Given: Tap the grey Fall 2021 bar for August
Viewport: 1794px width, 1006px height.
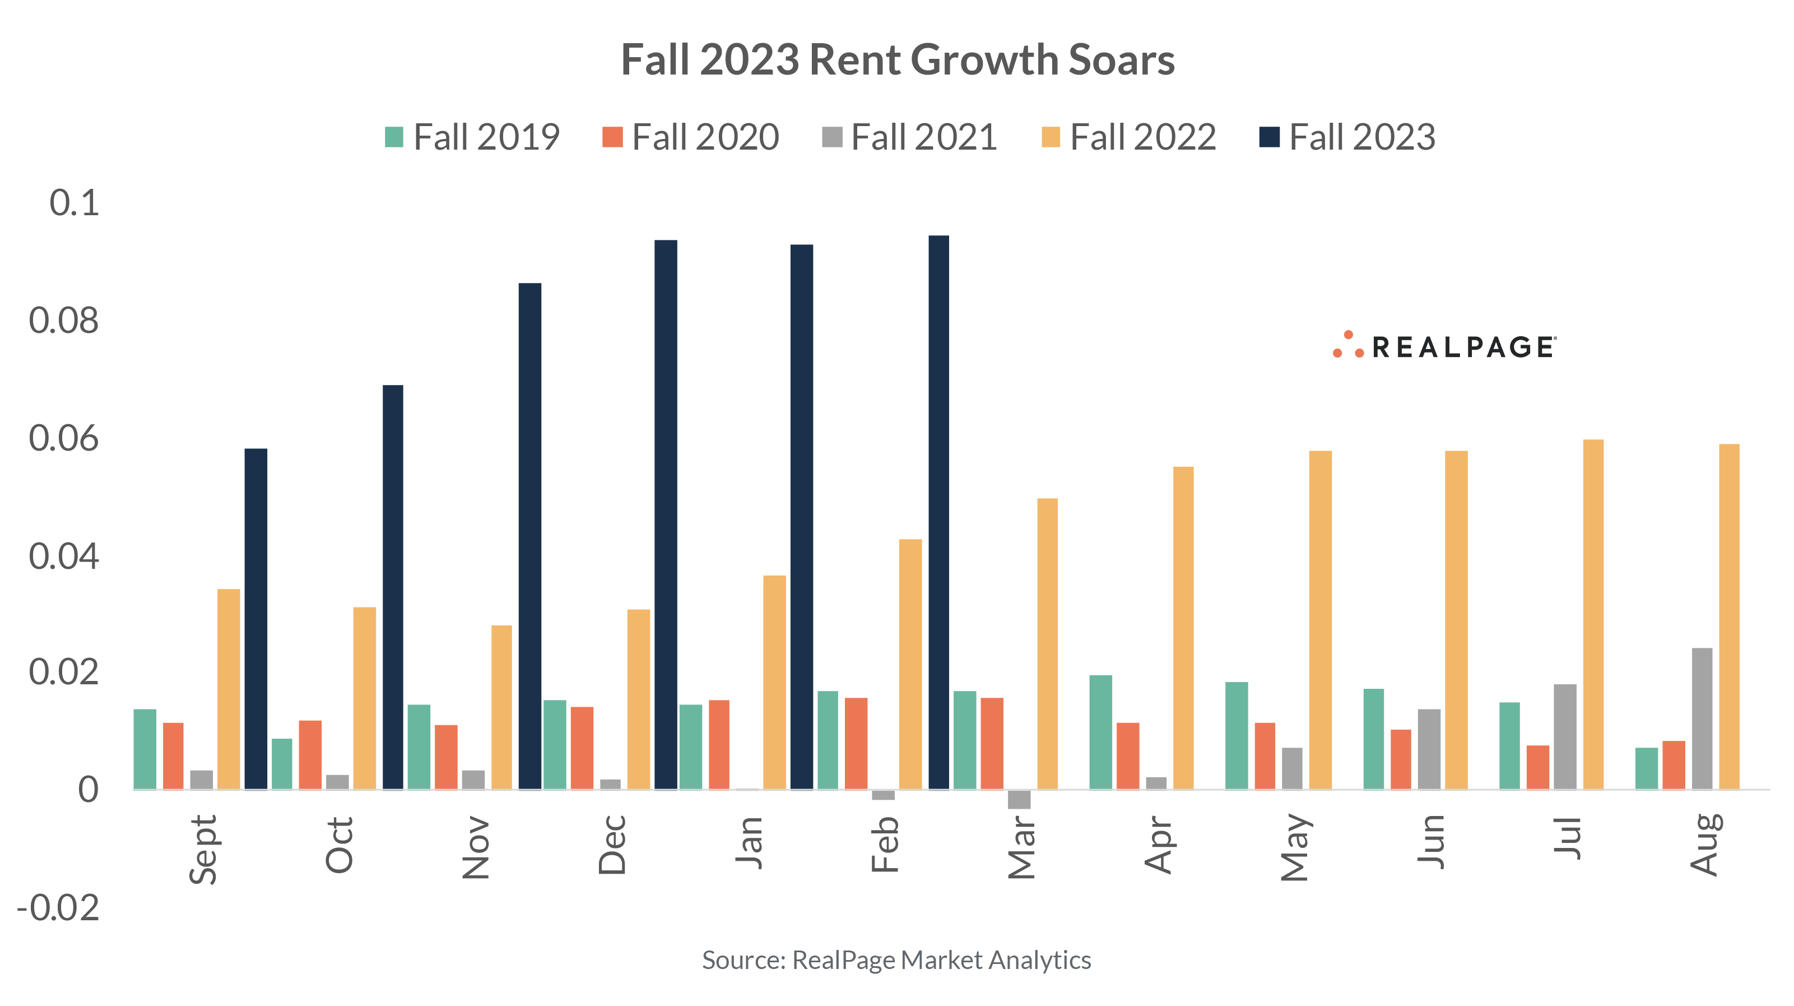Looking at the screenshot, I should [1702, 718].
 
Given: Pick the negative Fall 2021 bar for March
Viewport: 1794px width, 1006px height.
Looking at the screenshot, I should [1019, 799].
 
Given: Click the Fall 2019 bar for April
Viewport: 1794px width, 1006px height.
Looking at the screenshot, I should [1100, 731].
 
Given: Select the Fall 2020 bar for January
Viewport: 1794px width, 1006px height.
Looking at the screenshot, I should [719, 744].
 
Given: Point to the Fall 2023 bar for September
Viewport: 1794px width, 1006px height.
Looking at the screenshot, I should [255, 619].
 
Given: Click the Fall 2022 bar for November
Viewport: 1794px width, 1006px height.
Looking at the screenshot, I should [501, 707].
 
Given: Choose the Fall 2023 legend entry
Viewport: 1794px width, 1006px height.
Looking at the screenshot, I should [1347, 137].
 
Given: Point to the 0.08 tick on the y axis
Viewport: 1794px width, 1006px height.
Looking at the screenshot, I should [64, 321].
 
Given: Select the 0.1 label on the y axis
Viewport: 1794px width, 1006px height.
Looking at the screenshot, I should [74, 203].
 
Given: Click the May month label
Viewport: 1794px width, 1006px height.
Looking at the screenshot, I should [1295, 846].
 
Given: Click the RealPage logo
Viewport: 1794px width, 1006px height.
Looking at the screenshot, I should [1444, 346].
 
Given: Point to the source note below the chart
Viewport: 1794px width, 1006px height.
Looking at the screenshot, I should [896, 960].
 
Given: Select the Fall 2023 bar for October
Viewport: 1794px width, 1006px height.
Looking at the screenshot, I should [393, 587].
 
